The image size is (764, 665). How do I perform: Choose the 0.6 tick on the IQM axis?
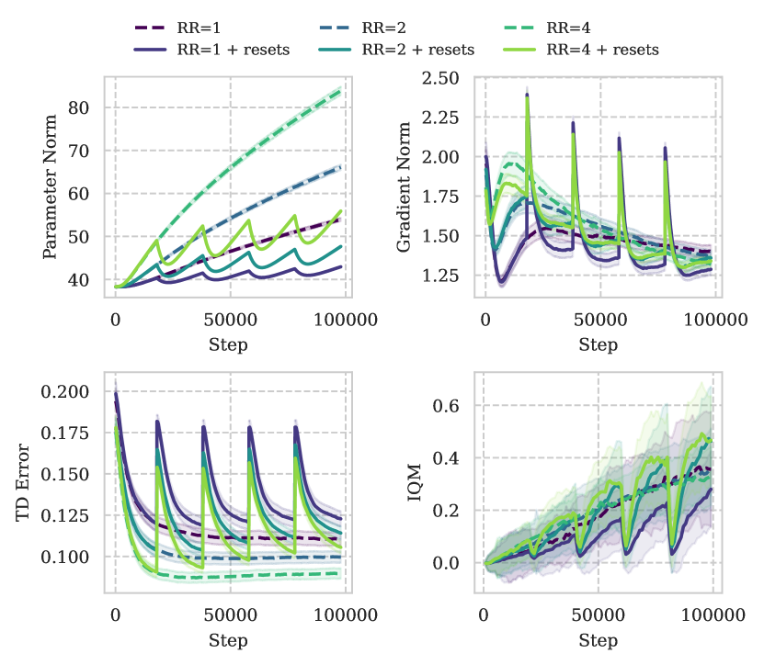(452, 406)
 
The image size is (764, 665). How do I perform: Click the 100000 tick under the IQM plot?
(713, 617)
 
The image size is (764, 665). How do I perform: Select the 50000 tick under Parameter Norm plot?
(230, 321)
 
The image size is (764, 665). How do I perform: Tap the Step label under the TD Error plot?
(229, 639)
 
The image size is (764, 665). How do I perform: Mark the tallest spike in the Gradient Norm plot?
(528, 90)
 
